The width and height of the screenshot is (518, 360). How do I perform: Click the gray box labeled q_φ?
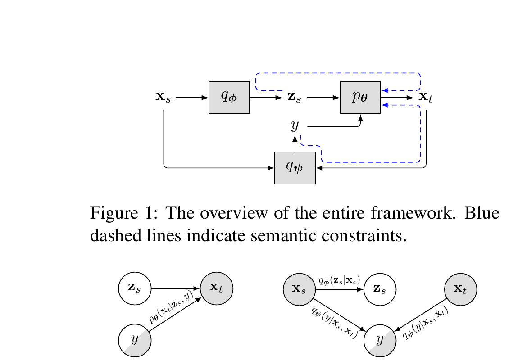pyautogui.click(x=229, y=98)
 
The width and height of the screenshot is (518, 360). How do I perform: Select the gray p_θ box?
pyautogui.click(x=360, y=98)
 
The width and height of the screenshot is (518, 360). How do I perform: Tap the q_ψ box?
pyautogui.click(x=295, y=168)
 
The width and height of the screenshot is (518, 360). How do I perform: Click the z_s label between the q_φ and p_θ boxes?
pyautogui.click(x=294, y=98)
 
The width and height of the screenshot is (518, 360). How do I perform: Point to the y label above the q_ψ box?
pyautogui.click(x=295, y=126)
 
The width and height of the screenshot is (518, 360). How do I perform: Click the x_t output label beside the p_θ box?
pyautogui.click(x=426, y=98)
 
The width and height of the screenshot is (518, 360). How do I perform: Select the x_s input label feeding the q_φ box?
pyautogui.click(x=163, y=98)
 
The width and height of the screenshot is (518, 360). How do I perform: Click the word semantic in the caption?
pyautogui.click(x=267, y=234)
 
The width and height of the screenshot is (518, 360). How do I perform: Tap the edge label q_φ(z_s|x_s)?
pyautogui.click(x=339, y=280)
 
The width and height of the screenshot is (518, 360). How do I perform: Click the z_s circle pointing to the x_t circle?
pyautogui.click(x=134, y=288)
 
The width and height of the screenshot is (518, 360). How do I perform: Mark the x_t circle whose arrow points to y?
pyautogui.click(x=460, y=288)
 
